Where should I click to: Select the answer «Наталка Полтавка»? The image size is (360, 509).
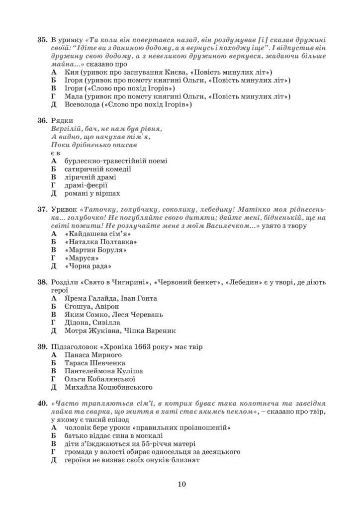click(x=101, y=242)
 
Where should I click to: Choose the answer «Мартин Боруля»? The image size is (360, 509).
click(x=95, y=250)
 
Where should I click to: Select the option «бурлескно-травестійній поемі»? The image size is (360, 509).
click(x=116, y=161)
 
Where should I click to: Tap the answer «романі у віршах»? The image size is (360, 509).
click(x=92, y=193)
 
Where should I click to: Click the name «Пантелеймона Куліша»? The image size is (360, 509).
click(x=103, y=371)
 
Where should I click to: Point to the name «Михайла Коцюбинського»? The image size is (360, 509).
click(x=108, y=387)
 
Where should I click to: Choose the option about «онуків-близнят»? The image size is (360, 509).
click(x=132, y=460)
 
